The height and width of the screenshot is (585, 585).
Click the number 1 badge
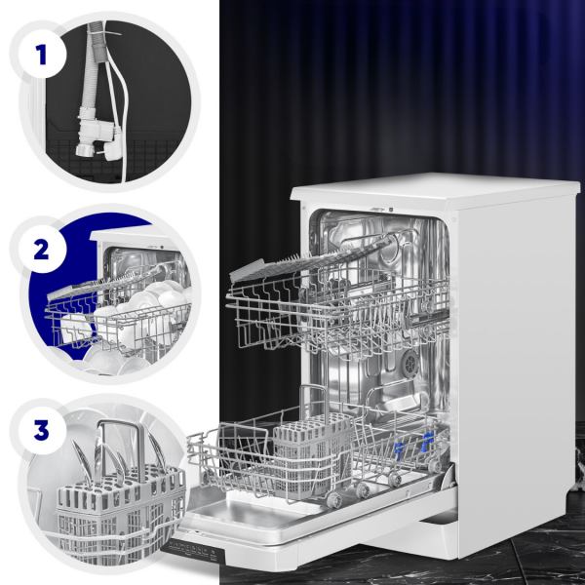[41, 54]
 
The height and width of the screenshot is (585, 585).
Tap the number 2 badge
[41, 249]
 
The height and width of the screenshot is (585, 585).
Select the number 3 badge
[41, 429]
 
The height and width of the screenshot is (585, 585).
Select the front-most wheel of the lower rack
[333, 499]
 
